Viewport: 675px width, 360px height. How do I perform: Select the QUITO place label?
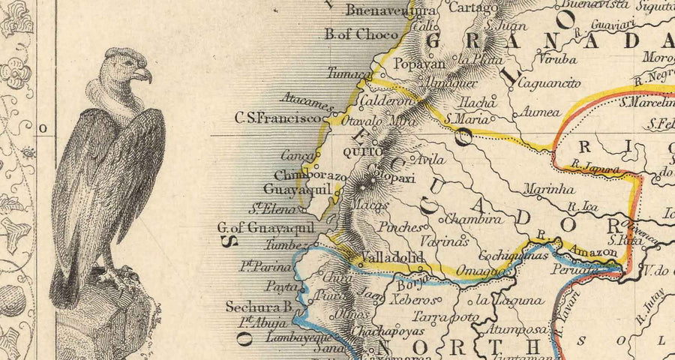pos(358,152)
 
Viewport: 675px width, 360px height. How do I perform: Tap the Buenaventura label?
pos(381,11)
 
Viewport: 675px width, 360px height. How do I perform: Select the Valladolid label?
pos(393,258)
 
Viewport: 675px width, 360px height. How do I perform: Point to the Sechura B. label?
pos(259,307)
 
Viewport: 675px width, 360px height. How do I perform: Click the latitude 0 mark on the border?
pos(43,128)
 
